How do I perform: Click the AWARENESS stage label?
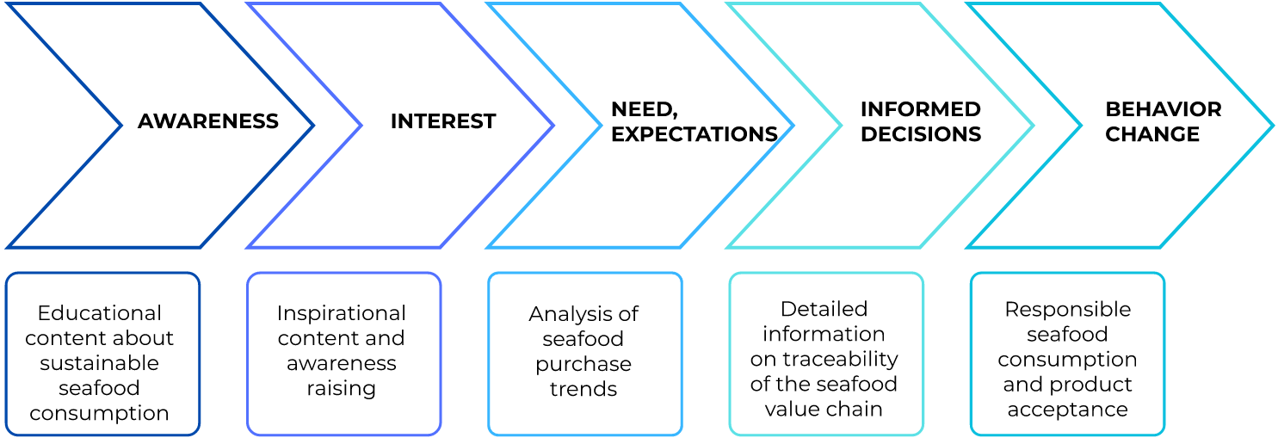pyautogui.click(x=208, y=121)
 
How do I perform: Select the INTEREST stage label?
pyautogui.click(x=443, y=121)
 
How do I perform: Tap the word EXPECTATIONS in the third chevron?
pyautogui.click(x=695, y=134)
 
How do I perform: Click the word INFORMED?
pyautogui.click(x=921, y=109)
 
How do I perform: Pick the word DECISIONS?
pyautogui.click(x=921, y=134)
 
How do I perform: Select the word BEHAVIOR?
pyautogui.click(x=1164, y=109)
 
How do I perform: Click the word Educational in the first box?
pyautogui.click(x=99, y=313)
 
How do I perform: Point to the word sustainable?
pyautogui.click(x=99, y=363)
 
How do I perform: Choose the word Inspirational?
pyautogui.click(x=341, y=314)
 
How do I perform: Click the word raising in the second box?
pyautogui.click(x=341, y=389)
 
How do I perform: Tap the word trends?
pyautogui.click(x=583, y=389)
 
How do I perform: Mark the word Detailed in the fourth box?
pyautogui.click(x=824, y=309)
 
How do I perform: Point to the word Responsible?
pyautogui.click(x=1067, y=310)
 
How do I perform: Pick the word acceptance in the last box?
pyautogui.click(x=1067, y=410)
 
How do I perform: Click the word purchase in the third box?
pyautogui.click(x=583, y=365)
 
